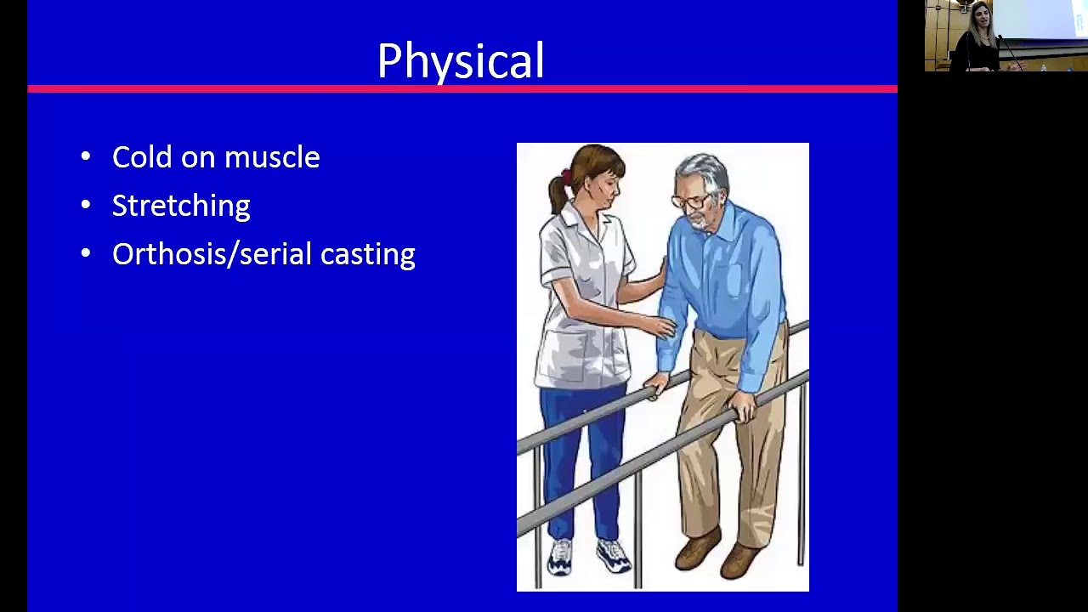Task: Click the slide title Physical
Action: click(460, 61)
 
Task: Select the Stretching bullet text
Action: click(181, 206)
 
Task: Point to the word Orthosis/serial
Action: click(212, 254)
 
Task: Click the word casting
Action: click(368, 255)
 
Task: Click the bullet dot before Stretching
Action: click(85, 206)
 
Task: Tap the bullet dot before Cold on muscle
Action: click(85, 157)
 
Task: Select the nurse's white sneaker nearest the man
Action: click(612, 557)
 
